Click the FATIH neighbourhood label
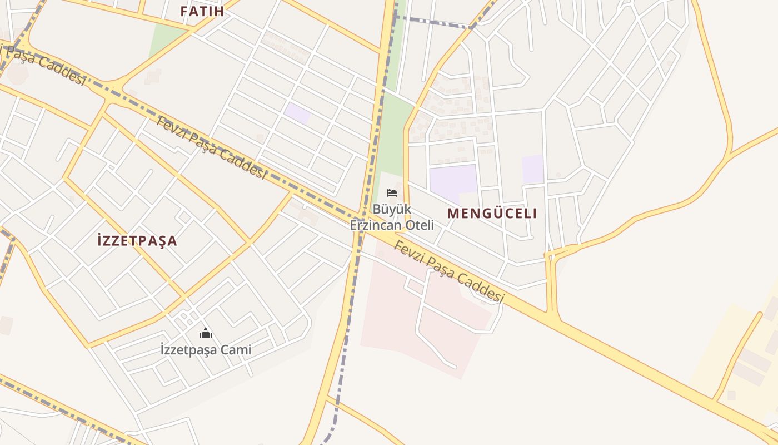tap(202, 11)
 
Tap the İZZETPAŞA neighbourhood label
tap(137, 241)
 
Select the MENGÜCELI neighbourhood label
tap(492, 213)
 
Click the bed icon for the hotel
tap(392, 193)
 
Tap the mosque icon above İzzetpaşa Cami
tap(206, 333)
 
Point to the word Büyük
tap(391, 210)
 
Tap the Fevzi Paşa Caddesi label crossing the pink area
tap(448, 272)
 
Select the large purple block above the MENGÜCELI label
tap(453, 181)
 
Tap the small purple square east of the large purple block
tap(532, 169)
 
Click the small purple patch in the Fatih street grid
tap(297, 112)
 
